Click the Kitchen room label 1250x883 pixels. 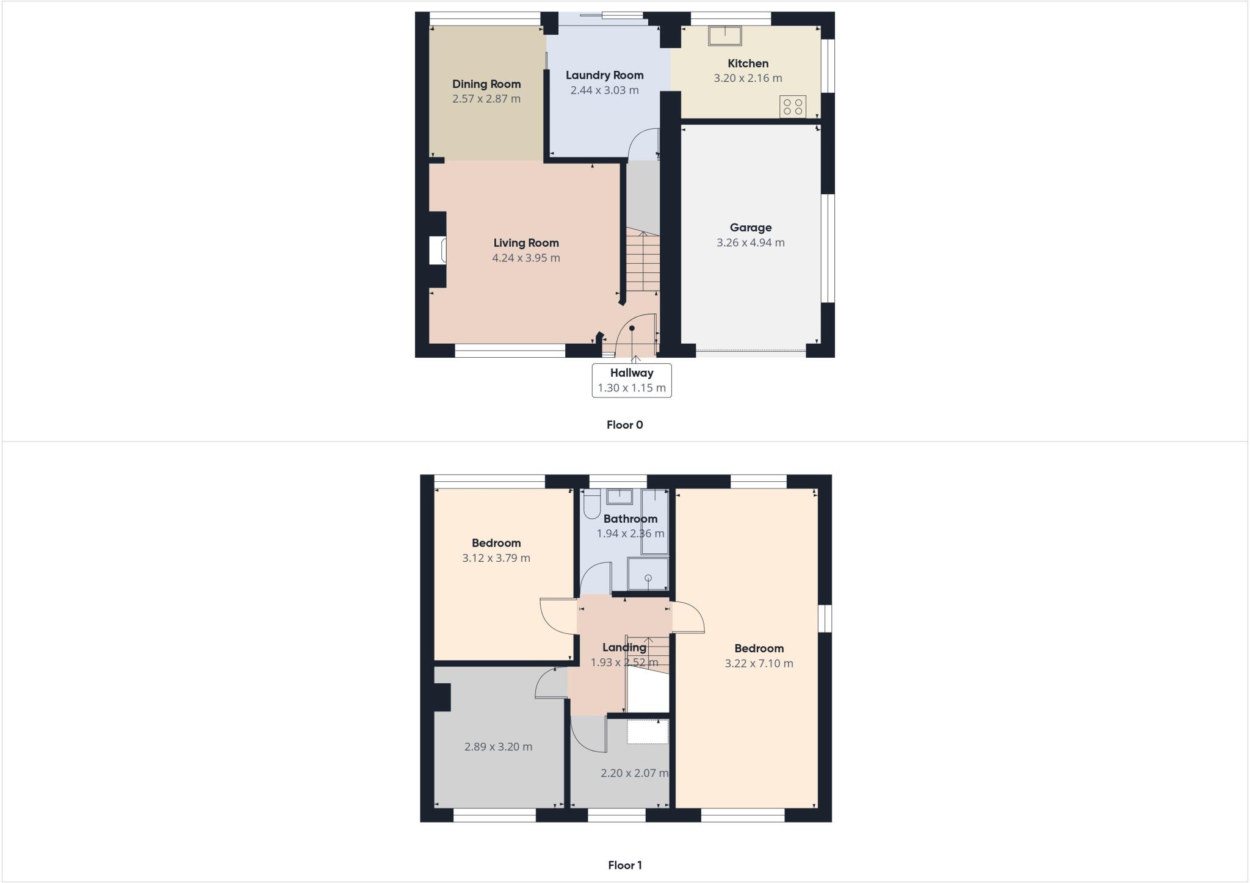[x=748, y=64]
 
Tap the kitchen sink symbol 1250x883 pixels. [x=724, y=35]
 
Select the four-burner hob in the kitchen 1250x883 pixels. [x=793, y=107]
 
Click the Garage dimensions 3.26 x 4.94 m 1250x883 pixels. [x=750, y=242]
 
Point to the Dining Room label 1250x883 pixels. [x=486, y=84]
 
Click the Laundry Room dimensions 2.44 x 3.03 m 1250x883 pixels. [x=604, y=90]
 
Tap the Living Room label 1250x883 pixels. [x=526, y=243]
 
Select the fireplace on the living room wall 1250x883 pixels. [x=438, y=251]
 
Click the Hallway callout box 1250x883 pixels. [x=632, y=380]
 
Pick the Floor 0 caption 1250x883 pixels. [x=624, y=425]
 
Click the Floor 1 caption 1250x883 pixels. [x=624, y=865]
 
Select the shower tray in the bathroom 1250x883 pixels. [x=648, y=574]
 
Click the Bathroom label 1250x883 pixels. [x=630, y=519]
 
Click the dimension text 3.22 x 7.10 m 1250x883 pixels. [x=759, y=664]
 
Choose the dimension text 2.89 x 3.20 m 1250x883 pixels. [x=498, y=747]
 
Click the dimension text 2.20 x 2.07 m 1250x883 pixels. [x=634, y=773]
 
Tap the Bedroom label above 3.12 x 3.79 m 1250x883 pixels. [x=496, y=543]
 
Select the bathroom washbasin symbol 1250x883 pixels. [x=620, y=496]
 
